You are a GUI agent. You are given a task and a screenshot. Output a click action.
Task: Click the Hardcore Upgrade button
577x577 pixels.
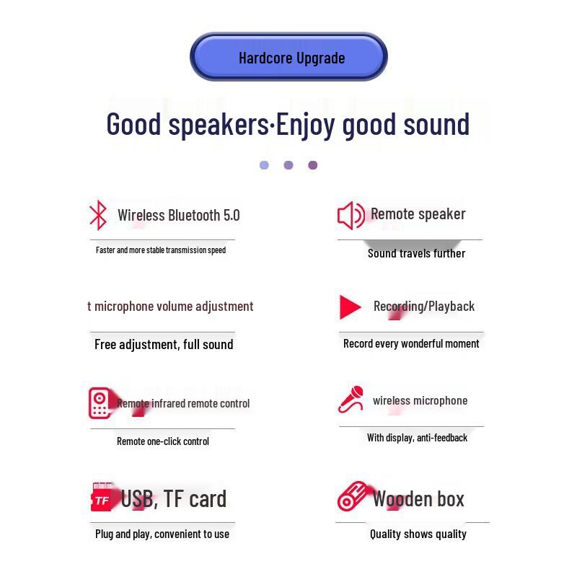tap(289, 57)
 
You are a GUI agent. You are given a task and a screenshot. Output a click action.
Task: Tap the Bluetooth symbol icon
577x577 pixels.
tap(98, 215)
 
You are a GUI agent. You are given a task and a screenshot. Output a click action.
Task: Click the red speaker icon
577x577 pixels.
tap(351, 215)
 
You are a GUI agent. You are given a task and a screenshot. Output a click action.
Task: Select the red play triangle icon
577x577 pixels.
tap(350, 307)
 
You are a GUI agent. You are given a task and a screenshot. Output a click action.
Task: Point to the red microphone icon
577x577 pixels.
tap(351, 400)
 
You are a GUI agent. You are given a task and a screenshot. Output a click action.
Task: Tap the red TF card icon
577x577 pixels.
tap(102, 498)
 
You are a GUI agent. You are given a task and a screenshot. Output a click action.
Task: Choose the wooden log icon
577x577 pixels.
tap(353, 497)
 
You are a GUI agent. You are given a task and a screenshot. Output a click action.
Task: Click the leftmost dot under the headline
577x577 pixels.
tap(264, 165)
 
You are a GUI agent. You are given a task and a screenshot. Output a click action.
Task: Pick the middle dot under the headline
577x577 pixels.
tap(288, 165)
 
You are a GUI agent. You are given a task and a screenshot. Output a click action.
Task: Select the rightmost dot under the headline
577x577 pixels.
tap(312, 165)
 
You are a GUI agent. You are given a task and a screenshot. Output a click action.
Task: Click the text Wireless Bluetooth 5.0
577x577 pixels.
tap(178, 215)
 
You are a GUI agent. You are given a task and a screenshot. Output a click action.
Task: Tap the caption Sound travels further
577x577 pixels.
tap(416, 253)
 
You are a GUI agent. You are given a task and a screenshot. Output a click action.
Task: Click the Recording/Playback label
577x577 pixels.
tap(424, 307)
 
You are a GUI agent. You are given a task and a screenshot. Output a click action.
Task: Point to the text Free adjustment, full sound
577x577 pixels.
tap(164, 344)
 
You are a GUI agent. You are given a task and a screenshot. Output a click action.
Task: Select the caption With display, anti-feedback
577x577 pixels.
tap(417, 438)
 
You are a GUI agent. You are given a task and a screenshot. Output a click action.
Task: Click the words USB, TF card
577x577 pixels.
tap(173, 498)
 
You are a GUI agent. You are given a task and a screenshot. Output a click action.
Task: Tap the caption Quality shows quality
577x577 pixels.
tap(418, 534)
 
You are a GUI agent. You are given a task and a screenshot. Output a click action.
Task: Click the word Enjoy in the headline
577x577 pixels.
tap(305, 124)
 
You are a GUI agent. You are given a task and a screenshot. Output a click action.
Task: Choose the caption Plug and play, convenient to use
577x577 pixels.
tap(162, 534)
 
